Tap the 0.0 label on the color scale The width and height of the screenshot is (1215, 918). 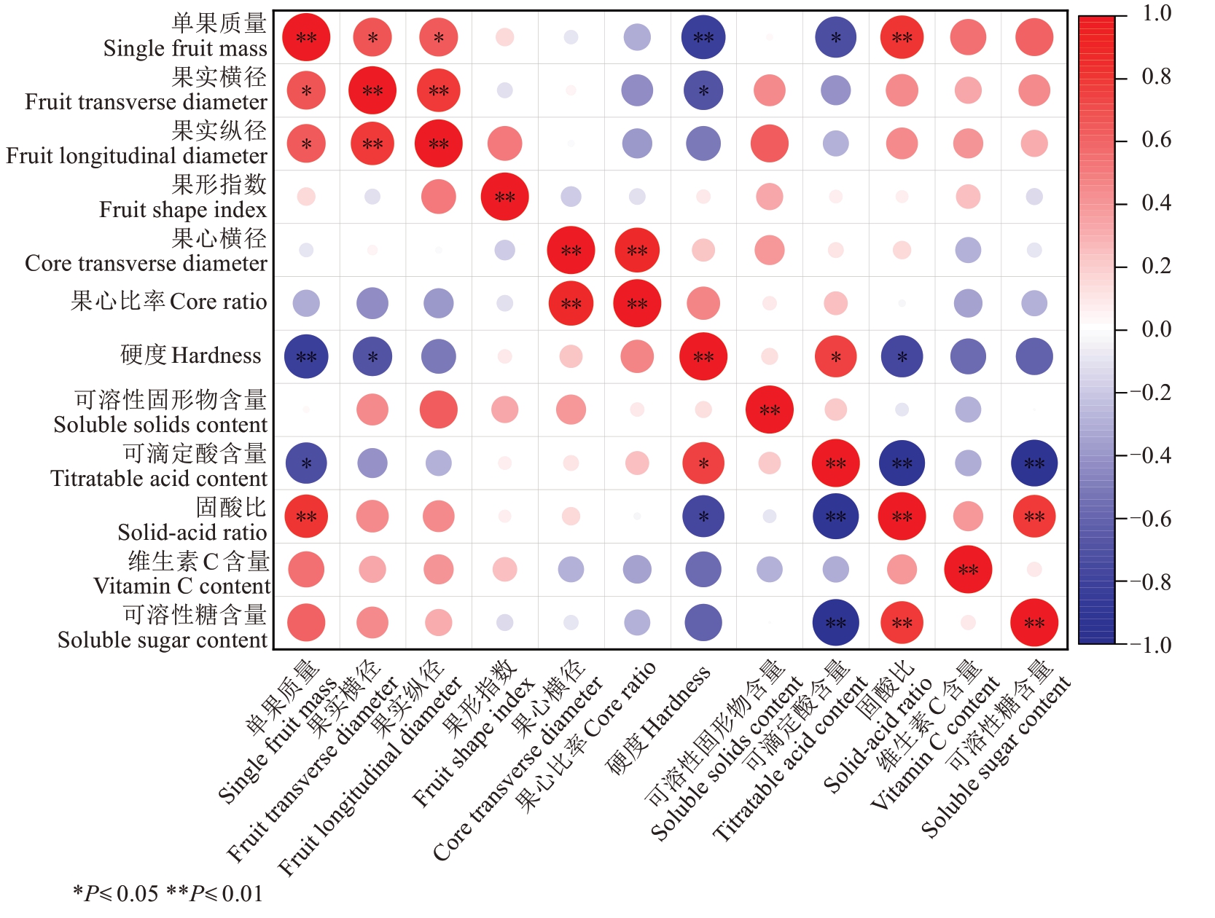1156,329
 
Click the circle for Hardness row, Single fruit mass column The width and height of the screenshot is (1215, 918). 306,357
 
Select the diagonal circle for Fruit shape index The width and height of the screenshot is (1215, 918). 504,197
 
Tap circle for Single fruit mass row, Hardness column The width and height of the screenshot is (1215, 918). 703,37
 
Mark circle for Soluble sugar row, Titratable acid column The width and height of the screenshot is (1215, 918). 835,623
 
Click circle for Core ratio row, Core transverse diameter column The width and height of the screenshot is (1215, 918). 571,303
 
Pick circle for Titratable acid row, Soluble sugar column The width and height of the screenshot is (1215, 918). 1034,463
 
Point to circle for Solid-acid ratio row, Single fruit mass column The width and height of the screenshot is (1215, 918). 306,517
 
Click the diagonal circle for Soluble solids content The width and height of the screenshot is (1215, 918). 770,410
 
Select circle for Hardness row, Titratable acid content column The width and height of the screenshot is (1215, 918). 835,357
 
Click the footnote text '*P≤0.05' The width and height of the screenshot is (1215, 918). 116,894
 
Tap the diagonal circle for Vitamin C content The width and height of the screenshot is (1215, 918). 968,570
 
